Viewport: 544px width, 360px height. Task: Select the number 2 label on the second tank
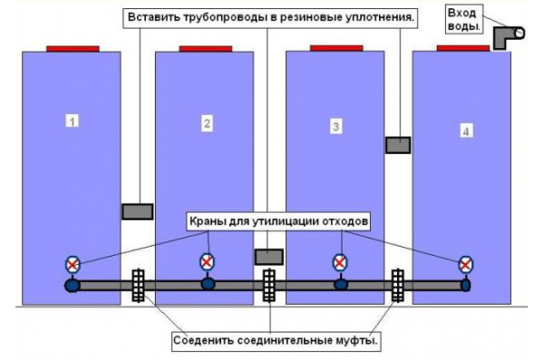tap(207, 122)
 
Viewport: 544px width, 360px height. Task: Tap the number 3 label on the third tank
tap(335, 126)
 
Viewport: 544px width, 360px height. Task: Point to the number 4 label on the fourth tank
tap(466, 131)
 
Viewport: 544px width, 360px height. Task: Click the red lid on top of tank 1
tap(72, 48)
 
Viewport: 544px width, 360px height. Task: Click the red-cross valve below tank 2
tap(207, 261)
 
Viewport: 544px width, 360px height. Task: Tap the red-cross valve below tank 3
tap(339, 262)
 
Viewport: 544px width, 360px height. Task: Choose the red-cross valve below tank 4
tap(465, 264)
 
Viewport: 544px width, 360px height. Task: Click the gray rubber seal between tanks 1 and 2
tap(137, 211)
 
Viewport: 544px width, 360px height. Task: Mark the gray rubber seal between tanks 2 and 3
tap(269, 257)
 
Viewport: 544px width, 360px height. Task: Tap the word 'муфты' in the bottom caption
tap(356, 342)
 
